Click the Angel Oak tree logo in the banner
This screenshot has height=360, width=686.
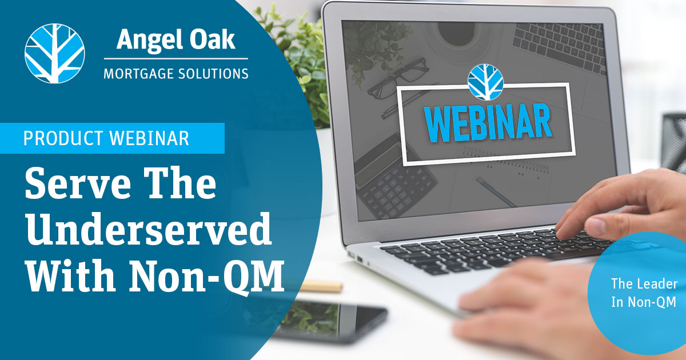pyautogui.click(x=54, y=53)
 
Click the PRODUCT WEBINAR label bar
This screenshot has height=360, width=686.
pyautogui.click(x=112, y=138)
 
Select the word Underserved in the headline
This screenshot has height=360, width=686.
pyautogui.click(x=149, y=229)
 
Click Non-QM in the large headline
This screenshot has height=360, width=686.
pyautogui.click(x=207, y=276)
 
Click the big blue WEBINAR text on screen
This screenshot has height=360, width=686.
pyautogui.click(x=488, y=123)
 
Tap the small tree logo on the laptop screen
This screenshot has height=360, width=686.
pyautogui.click(x=485, y=82)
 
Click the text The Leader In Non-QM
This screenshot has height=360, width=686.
pyautogui.click(x=644, y=293)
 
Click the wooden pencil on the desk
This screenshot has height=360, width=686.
pyautogui.click(x=321, y=287)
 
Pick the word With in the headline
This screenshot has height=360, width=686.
pyautogui.click(x=72, y=276)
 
